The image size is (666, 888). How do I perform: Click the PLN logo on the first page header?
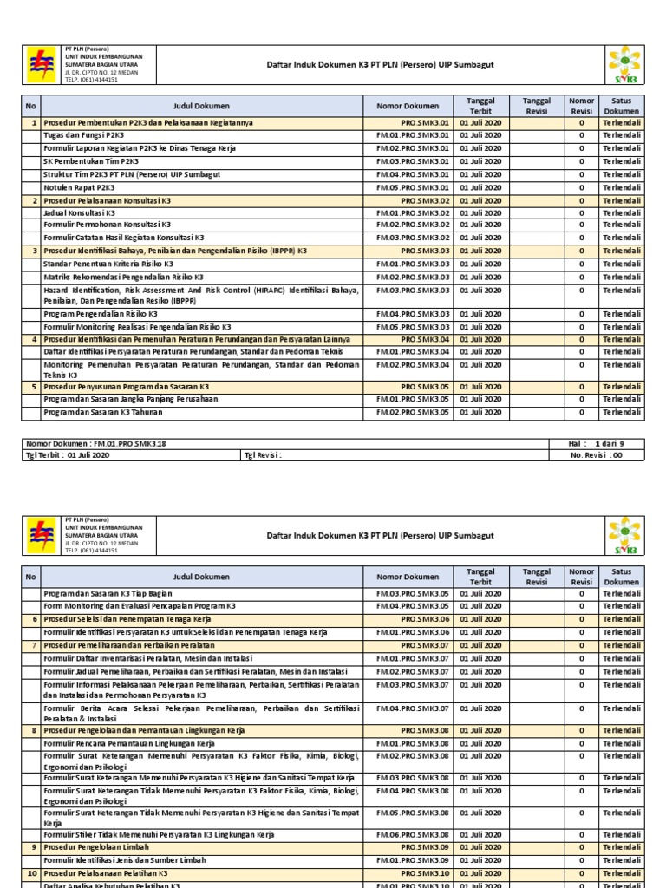[42, 64]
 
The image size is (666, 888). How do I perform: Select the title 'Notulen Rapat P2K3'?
[79, 187]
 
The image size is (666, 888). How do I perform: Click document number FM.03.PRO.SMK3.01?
[413, 161]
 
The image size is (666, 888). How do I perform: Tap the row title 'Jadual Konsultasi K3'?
[79, 212]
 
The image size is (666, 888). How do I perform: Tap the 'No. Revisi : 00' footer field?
[597, 454]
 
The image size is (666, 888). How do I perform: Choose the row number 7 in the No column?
[32, 645]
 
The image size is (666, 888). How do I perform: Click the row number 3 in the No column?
[32, 251]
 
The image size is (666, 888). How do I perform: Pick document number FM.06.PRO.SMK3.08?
[413, 834]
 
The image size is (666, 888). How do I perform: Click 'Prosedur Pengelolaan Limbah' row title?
[96, 847]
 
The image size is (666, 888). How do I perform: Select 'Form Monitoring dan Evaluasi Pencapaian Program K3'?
[140, 606]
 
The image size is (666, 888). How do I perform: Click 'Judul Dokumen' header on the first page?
[201, 106]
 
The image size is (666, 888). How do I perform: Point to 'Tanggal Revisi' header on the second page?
[536, 577]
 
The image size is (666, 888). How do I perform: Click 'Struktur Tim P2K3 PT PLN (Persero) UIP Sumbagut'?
[132, 174]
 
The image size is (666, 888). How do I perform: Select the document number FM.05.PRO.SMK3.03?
[413, 327]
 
